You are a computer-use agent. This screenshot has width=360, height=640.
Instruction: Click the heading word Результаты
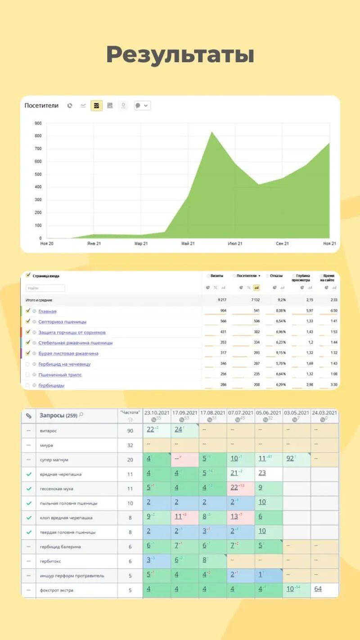click(x=180, y=54)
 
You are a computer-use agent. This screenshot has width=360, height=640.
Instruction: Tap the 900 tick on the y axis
click(x=38, y=123)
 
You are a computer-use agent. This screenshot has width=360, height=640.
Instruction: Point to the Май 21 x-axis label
click(x=188, y=243)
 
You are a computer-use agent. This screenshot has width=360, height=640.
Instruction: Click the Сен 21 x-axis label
click(x=282, y=243)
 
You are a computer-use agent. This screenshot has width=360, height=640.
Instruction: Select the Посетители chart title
click(x=41, y=106)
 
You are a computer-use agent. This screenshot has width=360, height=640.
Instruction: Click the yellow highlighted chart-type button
click(x=96, y=106)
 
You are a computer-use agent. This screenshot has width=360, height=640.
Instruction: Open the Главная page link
click(x=47, y=311)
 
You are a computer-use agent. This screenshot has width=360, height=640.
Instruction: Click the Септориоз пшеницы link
click(x=62, y=322)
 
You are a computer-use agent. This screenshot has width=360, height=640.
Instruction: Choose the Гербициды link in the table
click(x=51, y=385)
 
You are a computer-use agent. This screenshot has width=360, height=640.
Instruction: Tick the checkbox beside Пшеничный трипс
click(x=28, y=374)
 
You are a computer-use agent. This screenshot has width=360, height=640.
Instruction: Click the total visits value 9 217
click(x=220, y=300)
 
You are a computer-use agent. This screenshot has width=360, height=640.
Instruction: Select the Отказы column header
click(x=276, y=276)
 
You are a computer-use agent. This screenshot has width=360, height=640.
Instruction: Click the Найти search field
click(x=45, y=288)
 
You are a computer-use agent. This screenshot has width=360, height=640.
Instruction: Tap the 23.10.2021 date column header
click(x=157, y=413)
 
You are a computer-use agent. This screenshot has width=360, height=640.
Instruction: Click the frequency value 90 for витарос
click(x=130, y=431)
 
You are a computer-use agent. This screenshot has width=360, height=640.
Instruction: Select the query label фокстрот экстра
click(x=56, y=590)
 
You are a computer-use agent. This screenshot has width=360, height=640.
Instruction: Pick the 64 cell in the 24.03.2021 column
click(x=318, y=589)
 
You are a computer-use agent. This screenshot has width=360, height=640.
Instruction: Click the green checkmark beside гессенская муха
click(x=29, y=489)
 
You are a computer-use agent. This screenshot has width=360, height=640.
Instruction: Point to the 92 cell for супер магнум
click(x=290, y=459)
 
